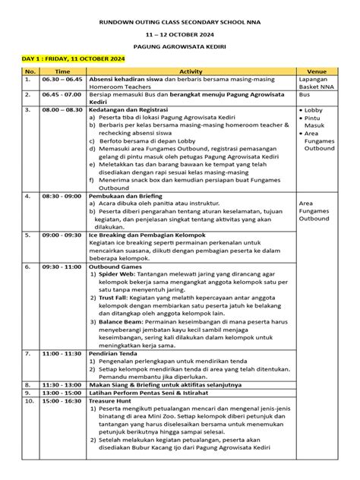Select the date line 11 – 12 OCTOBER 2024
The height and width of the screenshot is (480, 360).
click(180, 36)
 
